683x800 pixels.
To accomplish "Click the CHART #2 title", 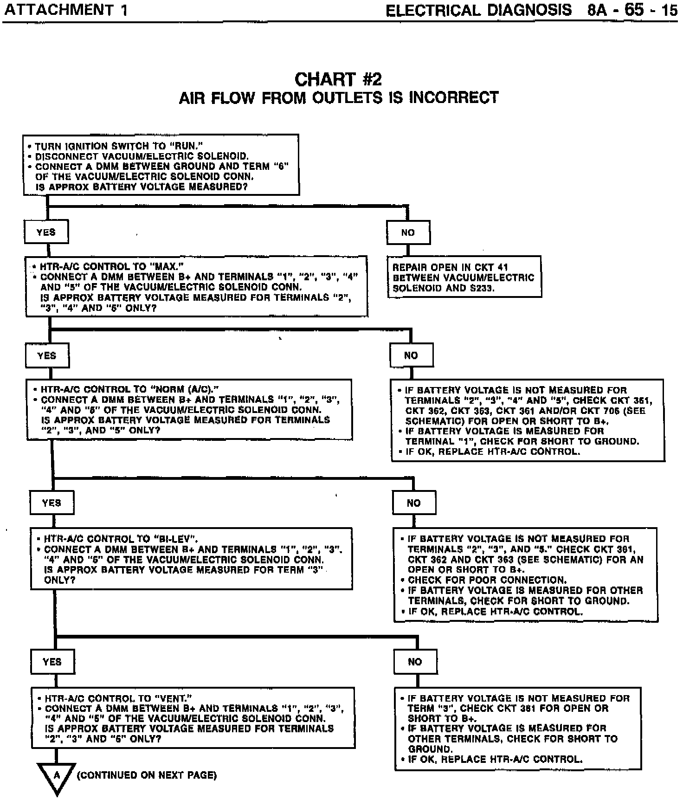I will [338, 79].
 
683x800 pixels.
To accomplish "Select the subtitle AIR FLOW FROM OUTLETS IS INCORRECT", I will [339, 98].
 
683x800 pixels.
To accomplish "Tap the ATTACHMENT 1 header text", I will [65, 10].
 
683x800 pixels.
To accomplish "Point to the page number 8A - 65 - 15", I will [632, 10].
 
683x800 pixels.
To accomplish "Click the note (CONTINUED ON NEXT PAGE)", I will [147, 775].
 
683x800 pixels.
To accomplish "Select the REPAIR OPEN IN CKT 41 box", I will [464, 277].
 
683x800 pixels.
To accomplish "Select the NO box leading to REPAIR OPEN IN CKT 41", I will [408, 232].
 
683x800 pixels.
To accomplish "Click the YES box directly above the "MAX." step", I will [46, 232].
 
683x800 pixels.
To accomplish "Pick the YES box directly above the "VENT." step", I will [52, 662].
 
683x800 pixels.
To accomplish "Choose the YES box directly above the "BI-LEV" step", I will [52, 503].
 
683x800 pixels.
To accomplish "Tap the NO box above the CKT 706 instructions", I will [411, 355].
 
